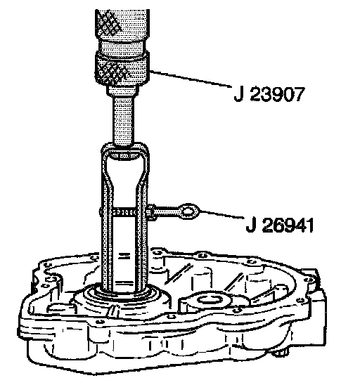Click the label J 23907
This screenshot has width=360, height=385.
pos(269,95)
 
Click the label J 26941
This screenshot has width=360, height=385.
pos(280,225)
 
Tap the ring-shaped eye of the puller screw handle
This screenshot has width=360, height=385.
pos(188,211)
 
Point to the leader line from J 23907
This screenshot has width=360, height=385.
pos(191,79)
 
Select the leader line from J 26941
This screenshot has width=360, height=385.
pos(222,214)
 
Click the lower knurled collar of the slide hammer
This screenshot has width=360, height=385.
pos(122,70)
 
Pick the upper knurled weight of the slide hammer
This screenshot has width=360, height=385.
pos(122,25)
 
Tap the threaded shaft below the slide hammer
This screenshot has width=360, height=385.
pos(124,121)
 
